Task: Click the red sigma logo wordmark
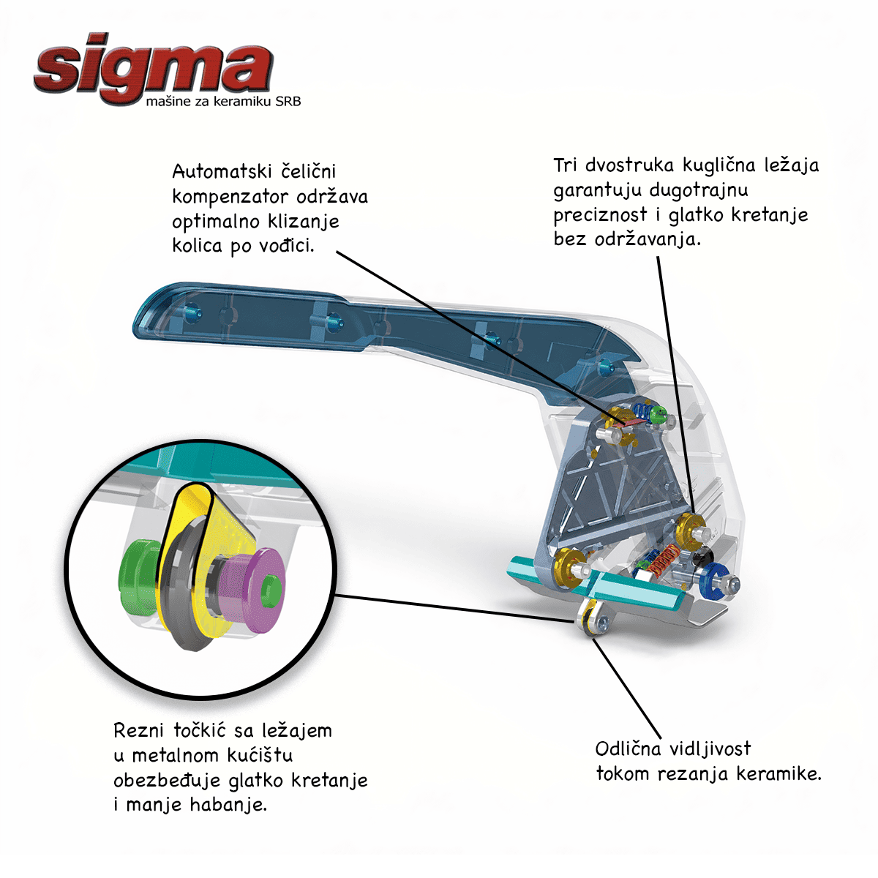(x=154, y=68)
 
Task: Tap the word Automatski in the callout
(x=222, y=172)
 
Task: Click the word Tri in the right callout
(x=566, y=165)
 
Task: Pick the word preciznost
(x=601, y=215)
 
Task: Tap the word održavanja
(x=648, y=239)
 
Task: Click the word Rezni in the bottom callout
(x=138, y=731)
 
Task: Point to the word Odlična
(x=628, y=748)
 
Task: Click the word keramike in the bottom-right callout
(x=779, y=773)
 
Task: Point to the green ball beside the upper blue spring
(x=657, y=415)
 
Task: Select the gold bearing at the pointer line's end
(x=689, y=528)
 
